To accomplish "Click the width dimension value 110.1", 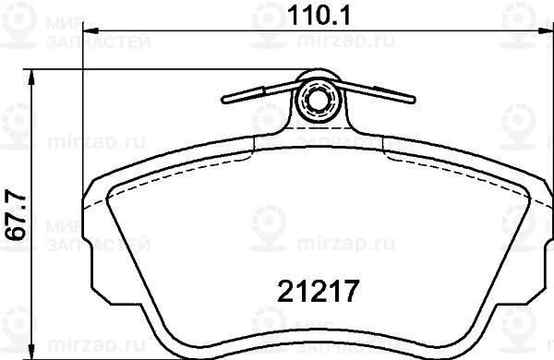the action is [x=319, y=16].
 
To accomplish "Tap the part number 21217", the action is [x=319, y=291].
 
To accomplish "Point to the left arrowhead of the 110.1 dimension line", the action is [x=90, y=31].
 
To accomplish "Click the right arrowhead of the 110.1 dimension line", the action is [x=545, y=31].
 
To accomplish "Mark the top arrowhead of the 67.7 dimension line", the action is [x=31, y=77].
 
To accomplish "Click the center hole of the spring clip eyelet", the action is [x=318, y=100].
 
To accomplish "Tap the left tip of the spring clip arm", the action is [x=223, y=100].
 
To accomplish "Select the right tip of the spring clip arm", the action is [x=413, y=100].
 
